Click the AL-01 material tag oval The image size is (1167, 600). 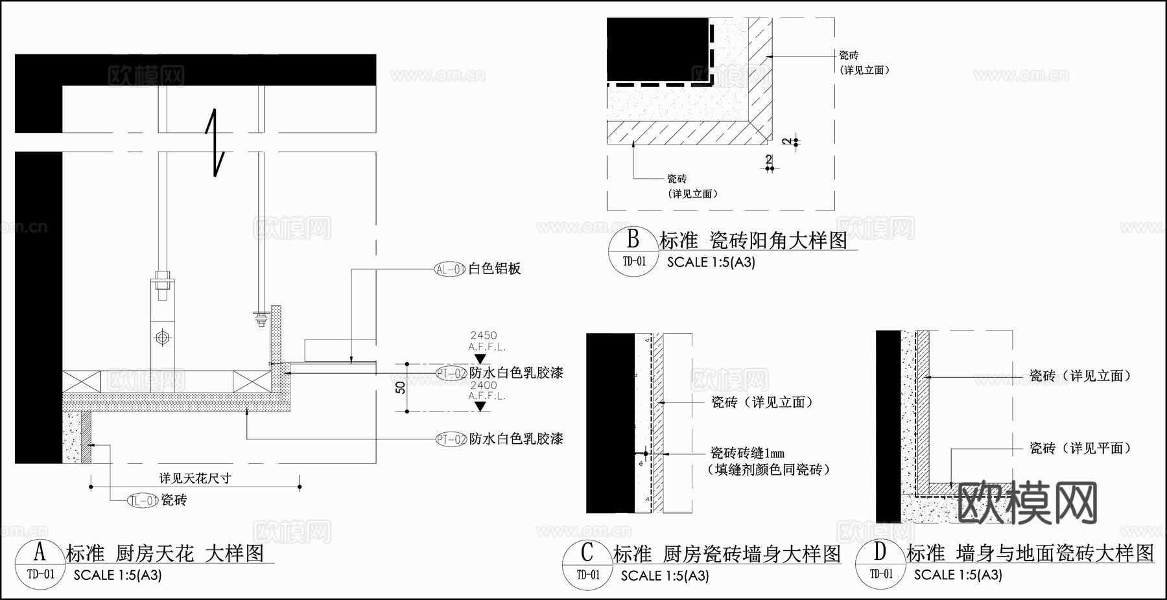(450, 269)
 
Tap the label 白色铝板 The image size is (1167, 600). (495, 269)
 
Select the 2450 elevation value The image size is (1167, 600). (484, 335)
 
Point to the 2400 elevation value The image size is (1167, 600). (484, 385)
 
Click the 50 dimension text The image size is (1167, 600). (401, 387)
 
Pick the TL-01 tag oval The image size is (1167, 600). (143, 500)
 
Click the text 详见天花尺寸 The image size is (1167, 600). (195, 478)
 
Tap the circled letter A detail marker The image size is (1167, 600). (40, 552)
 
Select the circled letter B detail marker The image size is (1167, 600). (633, 240)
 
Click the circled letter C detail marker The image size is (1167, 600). (587, 553)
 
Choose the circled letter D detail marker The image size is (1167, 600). (880, 552)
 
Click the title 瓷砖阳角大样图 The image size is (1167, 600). (779, 240)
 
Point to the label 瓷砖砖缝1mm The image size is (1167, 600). (748, 453)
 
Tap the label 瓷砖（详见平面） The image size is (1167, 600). (1080, 448)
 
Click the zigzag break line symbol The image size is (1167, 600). (216, 144)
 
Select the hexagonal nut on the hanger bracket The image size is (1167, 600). (161, 337)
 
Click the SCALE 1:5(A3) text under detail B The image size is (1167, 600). (711, 262)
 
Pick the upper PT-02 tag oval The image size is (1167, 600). (451, 373)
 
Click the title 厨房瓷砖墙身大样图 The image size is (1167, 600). (752, 554)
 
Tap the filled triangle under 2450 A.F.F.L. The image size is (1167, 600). (480, 358)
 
